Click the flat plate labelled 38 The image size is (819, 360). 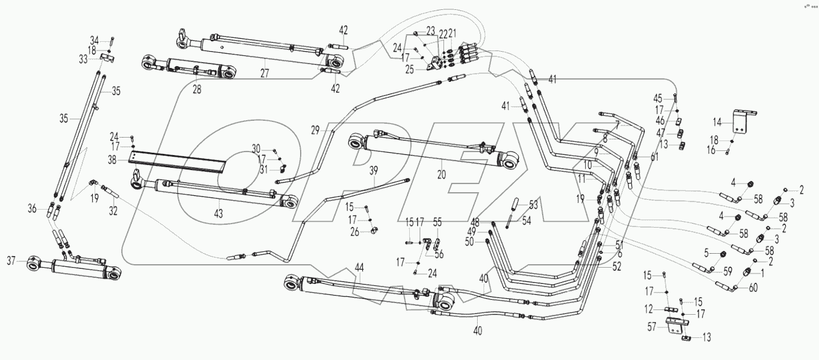tap(174, 161)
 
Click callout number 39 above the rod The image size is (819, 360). tap(374, 169)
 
